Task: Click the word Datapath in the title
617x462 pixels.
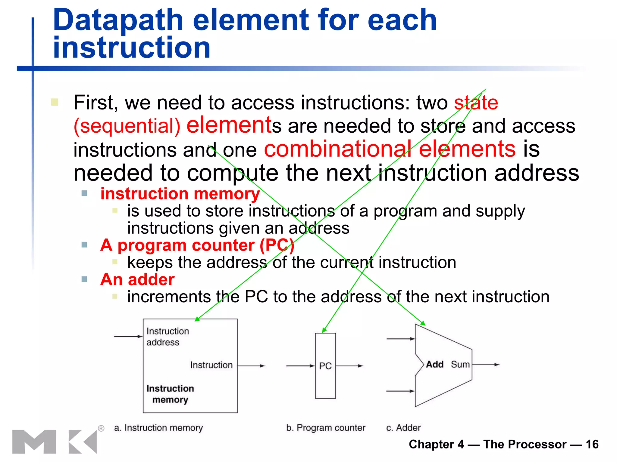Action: [118, 20]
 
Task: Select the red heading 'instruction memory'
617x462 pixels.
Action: [180, 194]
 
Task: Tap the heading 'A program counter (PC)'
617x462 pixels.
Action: [197, 245]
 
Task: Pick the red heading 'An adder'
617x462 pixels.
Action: [137, 279]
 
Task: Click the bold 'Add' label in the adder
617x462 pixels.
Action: [434, 365]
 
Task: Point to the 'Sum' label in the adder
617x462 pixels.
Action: [460, 365]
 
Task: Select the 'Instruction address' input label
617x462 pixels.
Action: [167, 337]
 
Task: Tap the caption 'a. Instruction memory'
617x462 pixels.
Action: [158, 428]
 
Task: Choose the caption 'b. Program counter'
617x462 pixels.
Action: [325, 428]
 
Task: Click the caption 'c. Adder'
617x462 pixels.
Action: [403, 428]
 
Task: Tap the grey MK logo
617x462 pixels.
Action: [54, 442]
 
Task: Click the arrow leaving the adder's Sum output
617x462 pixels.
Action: [486, 365]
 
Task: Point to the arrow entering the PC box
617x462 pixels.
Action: [300, 366]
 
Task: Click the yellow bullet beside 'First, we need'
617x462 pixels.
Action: [55, 102]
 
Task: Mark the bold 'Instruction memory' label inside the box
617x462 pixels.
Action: [170, 394]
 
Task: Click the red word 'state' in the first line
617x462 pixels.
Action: [476, 103]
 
